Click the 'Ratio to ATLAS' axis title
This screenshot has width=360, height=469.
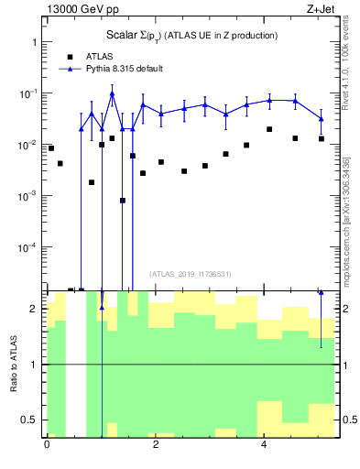tap(14, 365)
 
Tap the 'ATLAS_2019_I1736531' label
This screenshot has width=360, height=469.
tap(191, 274)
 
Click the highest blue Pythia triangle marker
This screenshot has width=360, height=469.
tap(112, 93)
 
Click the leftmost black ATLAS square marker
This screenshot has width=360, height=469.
tap(51, 147)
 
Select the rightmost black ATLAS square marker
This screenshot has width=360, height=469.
tap(321, 138)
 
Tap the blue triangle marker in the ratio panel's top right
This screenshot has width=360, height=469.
tap(321, 292)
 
